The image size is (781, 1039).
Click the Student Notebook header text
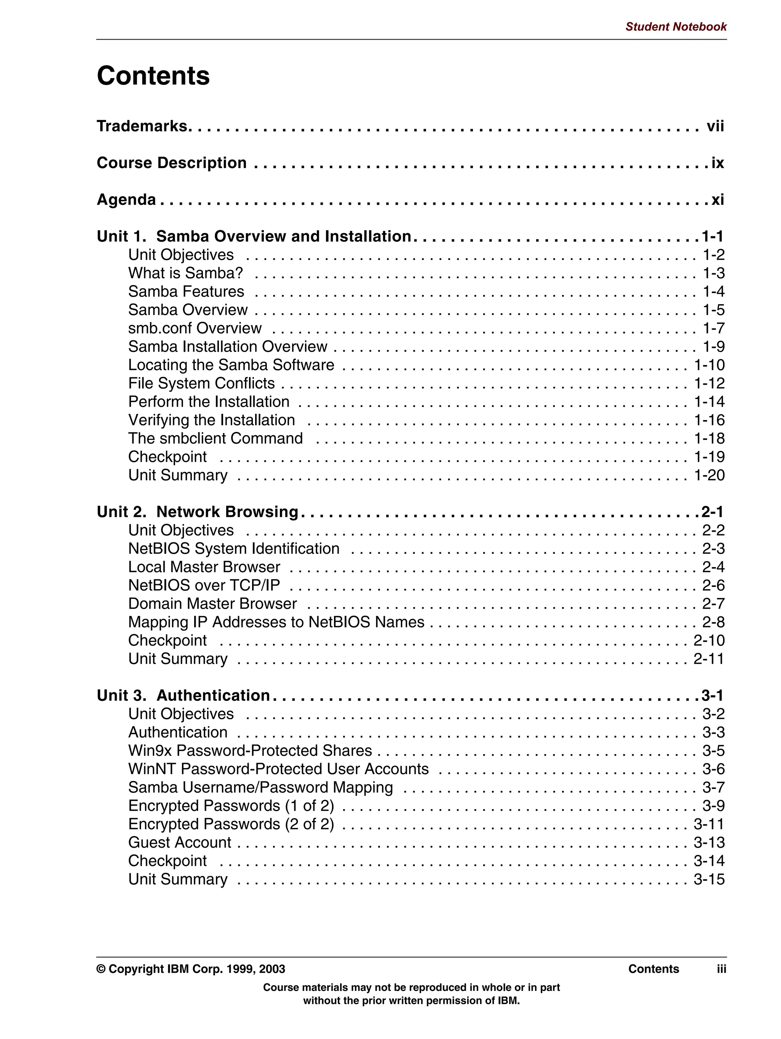click(675, 27)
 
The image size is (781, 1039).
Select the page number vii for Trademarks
click(715, 127)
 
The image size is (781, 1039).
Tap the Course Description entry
click(172, 163)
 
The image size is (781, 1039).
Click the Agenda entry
click(126, 200)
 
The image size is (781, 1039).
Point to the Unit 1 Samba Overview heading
click(254, 236)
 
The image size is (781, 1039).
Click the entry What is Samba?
click(186, 273)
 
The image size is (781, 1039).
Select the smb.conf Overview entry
click(194, 328)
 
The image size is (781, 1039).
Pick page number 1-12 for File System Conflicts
click(709, 383)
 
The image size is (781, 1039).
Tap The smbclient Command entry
click(215, 438)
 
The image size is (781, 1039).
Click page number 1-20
click(709, 475)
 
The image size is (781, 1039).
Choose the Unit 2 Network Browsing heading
click(198, 512)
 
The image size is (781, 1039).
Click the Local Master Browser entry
click(204, 567)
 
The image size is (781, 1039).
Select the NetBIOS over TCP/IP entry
click(204, 585)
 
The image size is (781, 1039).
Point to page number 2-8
click(713, 622)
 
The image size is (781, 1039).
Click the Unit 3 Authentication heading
click(183, 696)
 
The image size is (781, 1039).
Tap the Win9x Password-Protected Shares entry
click(250, 750)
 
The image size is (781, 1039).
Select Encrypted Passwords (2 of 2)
click(231, 824)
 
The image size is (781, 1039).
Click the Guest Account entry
click(180, 842)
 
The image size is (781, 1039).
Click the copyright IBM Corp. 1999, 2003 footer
click(191, 969)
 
